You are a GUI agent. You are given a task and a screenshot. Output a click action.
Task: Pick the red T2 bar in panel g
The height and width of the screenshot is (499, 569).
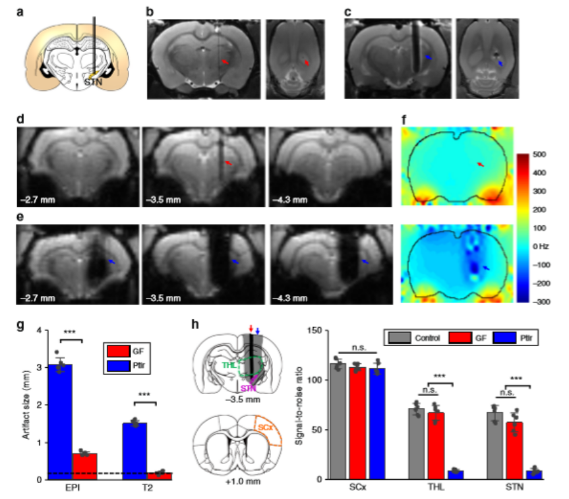point(159,475)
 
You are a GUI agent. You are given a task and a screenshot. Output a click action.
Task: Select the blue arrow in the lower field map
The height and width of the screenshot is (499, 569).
point(487,268)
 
